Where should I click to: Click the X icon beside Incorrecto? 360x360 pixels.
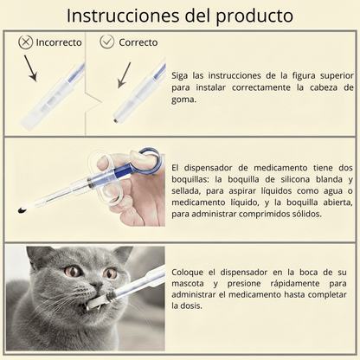[x=25, y=42]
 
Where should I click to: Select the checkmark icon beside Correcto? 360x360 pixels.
[x=107, y=42]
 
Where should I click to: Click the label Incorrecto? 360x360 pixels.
[x=58, y=42]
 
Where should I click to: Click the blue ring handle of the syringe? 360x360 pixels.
[x=147, y=160]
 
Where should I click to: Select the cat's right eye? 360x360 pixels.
[x=111, y=273]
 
